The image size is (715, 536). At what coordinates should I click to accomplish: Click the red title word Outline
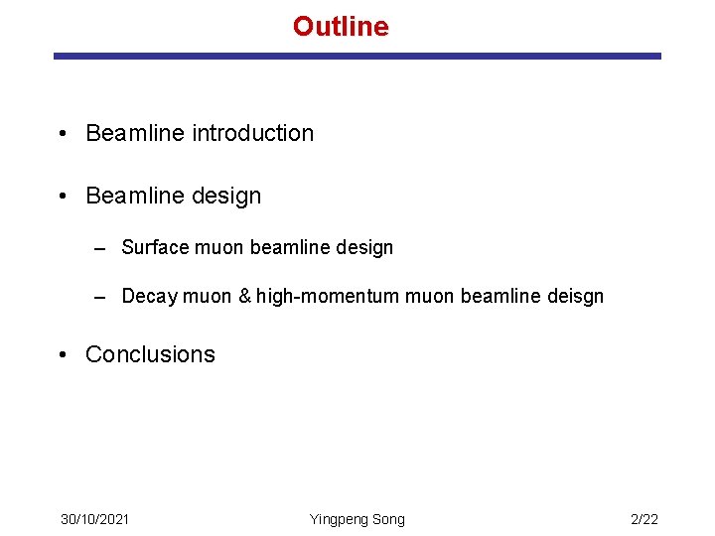(341, 26)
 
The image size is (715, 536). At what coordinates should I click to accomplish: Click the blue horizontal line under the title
(357, 57)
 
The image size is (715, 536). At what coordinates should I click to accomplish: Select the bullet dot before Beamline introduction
(63, 134)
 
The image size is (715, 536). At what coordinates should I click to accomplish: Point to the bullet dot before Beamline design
(63, 197)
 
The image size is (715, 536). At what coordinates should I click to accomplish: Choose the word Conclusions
(150, 354)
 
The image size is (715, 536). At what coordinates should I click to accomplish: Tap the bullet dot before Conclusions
(63, 355)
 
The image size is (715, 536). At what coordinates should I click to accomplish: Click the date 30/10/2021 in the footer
(94, 519)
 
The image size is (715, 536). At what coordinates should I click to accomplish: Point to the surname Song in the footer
(388, 519)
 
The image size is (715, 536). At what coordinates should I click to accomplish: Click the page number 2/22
(644, 519)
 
